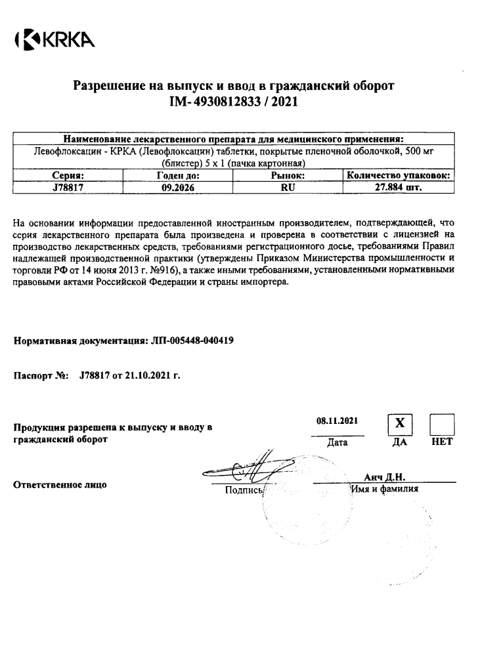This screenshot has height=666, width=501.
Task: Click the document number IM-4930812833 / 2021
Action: [234, 102]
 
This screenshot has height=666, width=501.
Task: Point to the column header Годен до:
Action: [178, 175]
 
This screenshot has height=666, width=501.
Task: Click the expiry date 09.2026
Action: [178, 186]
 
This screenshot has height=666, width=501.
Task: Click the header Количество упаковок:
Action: [398, 175]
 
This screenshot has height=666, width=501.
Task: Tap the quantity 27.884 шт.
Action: [398, 186]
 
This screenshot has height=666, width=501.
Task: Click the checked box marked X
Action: [399, 425]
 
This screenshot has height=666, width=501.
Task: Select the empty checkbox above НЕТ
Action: [441, 425]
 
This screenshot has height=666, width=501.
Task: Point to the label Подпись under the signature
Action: [243, 489]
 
